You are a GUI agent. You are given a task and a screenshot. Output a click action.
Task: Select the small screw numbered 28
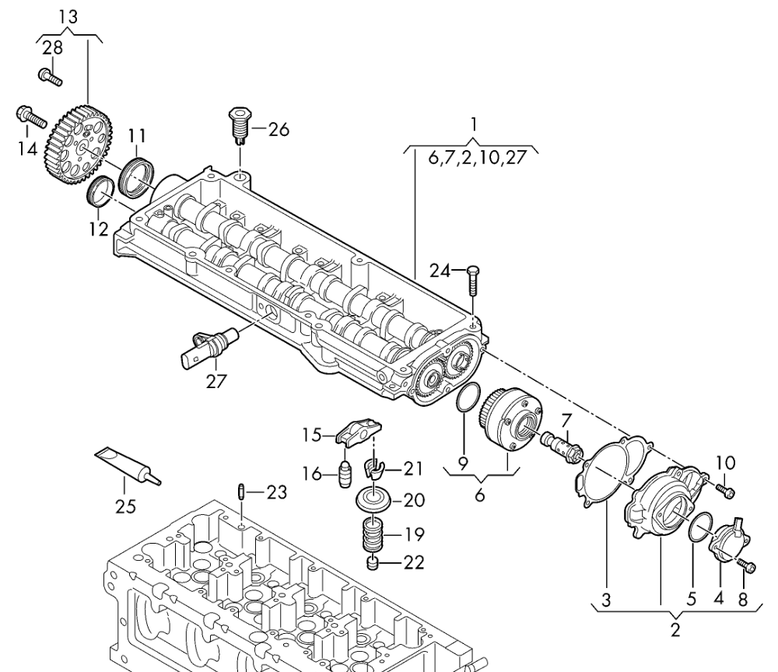(x=51, y=76)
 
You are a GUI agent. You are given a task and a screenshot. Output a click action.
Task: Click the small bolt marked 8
(x=748, y=567)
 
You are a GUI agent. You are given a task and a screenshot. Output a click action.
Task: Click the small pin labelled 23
(x=242, y=492)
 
